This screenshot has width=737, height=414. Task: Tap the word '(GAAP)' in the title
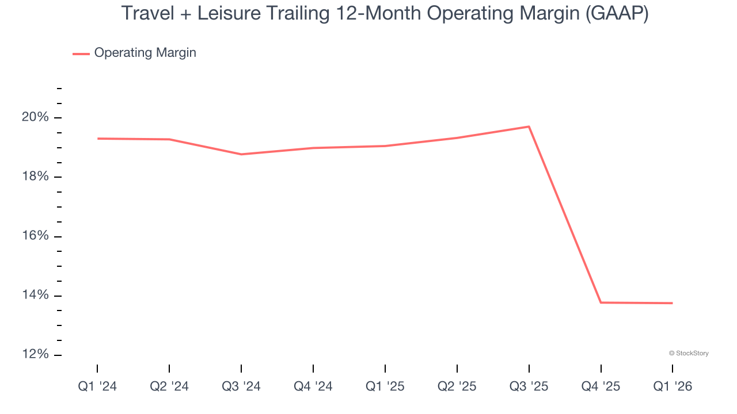pos(617,14)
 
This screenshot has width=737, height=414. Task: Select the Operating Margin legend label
pos(145,53)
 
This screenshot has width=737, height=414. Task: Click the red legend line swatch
pos(81,53)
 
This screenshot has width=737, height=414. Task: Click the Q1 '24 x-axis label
pos(97,386)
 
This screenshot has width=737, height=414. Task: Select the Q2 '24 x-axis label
pos(169,386)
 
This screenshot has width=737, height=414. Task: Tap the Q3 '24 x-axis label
pos(241,386)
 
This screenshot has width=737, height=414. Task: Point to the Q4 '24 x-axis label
pos(313,386)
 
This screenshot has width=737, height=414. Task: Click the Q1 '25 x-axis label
pos(385,386)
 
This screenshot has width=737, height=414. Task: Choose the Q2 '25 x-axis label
pos(457,386)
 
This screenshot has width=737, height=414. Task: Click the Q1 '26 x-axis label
pos(673,386)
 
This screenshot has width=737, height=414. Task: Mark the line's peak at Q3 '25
pos(529,126)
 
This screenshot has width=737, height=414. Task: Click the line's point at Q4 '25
pos(601,302)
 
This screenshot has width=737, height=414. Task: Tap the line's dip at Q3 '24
pos(241,154)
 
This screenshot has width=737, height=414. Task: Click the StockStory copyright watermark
pos(689,353)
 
